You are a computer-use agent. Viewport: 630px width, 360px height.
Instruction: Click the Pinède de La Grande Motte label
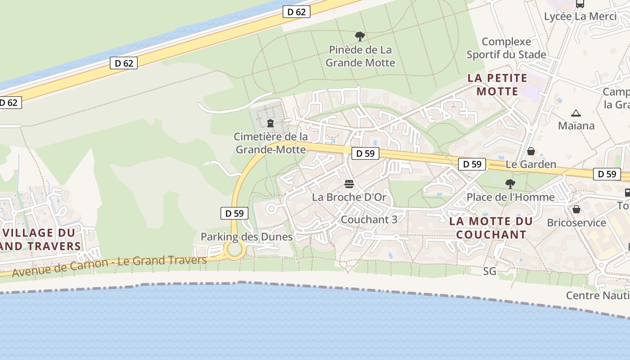[360, 56]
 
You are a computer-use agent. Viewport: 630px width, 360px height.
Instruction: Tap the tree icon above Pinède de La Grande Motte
[360, 36]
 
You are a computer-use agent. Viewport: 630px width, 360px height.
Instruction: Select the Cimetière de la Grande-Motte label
[271, 143]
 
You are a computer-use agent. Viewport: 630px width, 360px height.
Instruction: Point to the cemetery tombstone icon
[270, 123]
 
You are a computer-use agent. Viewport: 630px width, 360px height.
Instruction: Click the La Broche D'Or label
[349, 197]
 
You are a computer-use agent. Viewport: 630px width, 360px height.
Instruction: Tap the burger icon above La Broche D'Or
[349, 184]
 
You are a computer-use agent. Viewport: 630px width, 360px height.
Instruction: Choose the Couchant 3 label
[369, 220]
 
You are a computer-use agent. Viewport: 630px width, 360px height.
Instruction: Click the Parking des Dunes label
[247, 237]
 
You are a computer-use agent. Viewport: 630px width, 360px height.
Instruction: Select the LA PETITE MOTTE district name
[497, 85]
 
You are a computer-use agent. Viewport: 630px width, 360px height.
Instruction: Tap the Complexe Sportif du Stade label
[506, 48]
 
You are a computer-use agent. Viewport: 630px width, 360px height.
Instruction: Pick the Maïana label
[576, 126]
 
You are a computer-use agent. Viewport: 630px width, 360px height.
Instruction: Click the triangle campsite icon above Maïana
[576, 113]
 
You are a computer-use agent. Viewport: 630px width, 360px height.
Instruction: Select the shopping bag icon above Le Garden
[531, 151]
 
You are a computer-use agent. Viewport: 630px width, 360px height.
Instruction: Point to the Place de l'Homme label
[510, 197]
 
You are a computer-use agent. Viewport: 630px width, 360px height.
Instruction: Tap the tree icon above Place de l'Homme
[510, 184]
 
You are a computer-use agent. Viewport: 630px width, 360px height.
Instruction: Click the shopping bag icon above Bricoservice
[576, 210]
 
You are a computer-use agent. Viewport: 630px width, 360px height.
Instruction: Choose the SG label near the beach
[490, 271]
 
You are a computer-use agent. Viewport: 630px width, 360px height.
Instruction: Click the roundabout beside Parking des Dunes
[234, 249]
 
